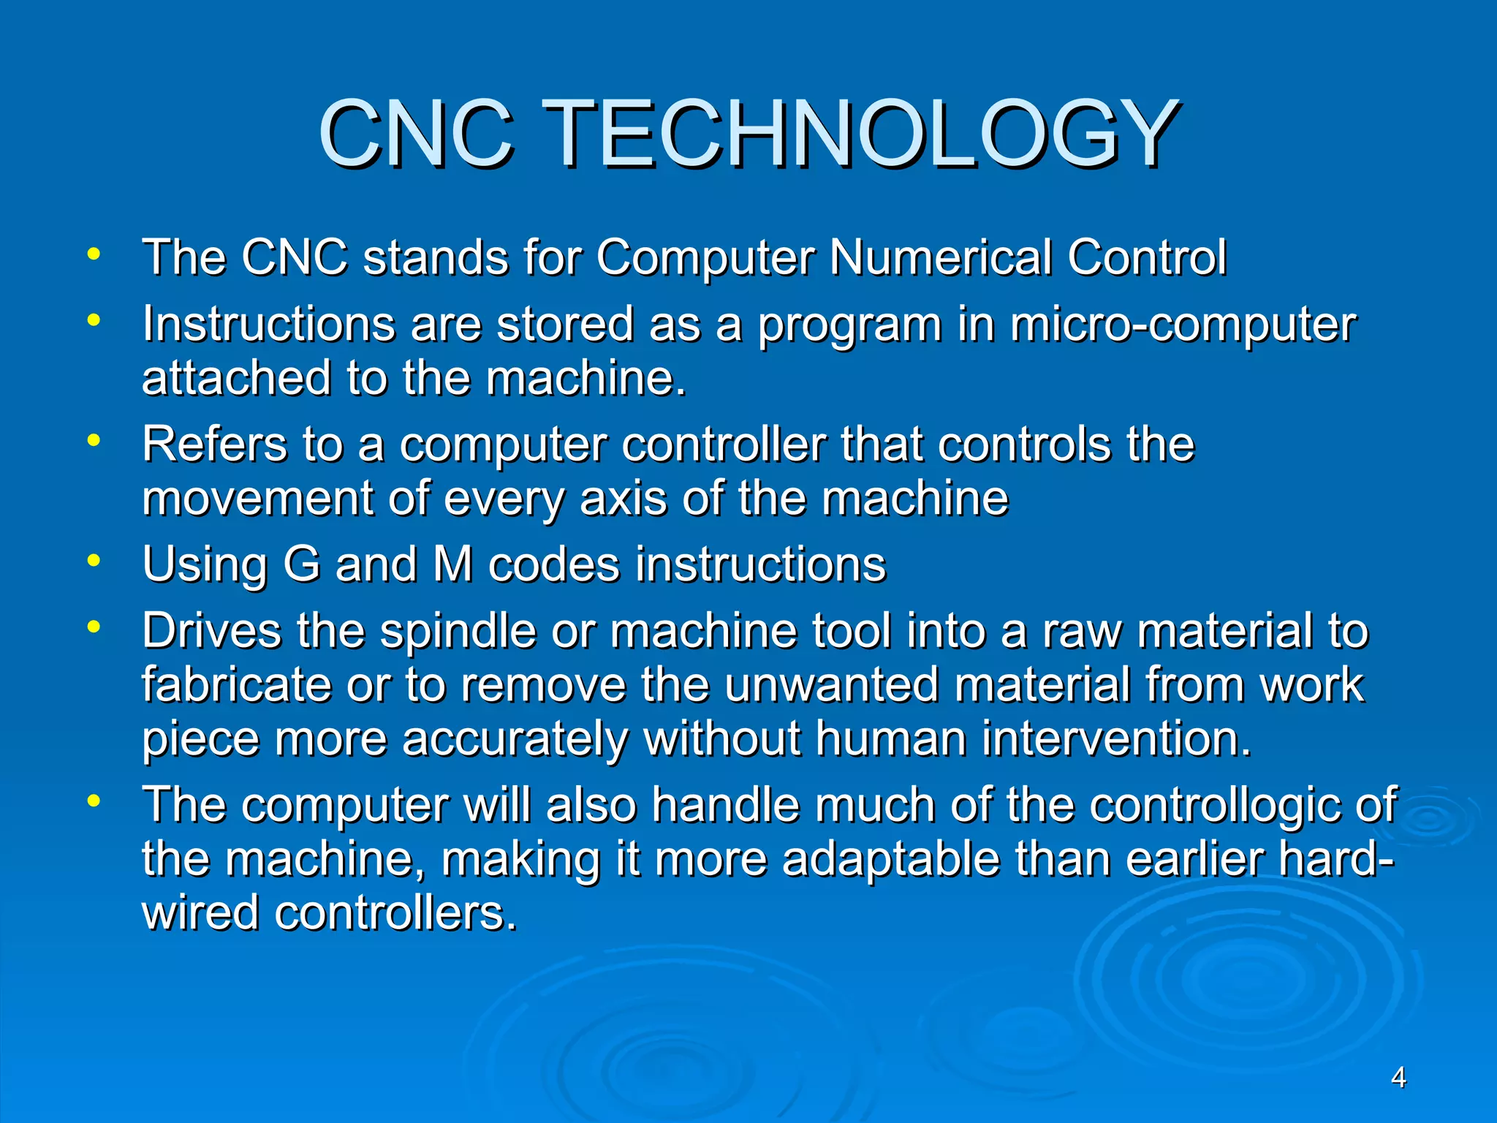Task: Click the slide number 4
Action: point(1398,1078)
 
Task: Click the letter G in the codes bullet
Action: point(302,564)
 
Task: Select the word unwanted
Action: point(832,685)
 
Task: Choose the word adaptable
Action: point(891,859)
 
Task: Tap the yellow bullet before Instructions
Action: point(93,319)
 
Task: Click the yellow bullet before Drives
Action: point(93,627)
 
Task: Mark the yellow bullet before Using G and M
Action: point(93,561)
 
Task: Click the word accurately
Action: point(515,738)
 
